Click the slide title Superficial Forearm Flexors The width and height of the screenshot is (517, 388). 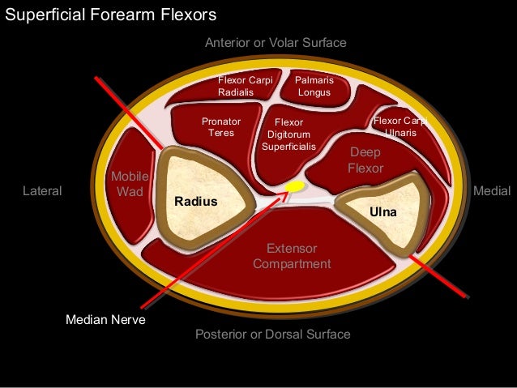coord(111,15)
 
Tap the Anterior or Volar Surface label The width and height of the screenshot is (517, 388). coord(276,42)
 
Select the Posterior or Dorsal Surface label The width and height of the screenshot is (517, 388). coord(273,334)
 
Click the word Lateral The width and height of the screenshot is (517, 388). coord(42,191)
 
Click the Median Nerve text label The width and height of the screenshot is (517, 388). coord(105,320)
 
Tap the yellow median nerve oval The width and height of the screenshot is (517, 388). coord(295,187)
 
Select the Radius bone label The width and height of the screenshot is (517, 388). coord(196,201)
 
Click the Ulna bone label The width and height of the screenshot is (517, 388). coord(381,211)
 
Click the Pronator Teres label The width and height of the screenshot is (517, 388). coord(221,127)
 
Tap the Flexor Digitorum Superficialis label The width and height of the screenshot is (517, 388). coord(288,134)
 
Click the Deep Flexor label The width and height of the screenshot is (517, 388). coord(365,160)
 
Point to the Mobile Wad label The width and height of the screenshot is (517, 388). coord(126,184)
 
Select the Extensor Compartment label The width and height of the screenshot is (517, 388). coord(292,256)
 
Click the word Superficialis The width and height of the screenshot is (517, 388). coord(288,147)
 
